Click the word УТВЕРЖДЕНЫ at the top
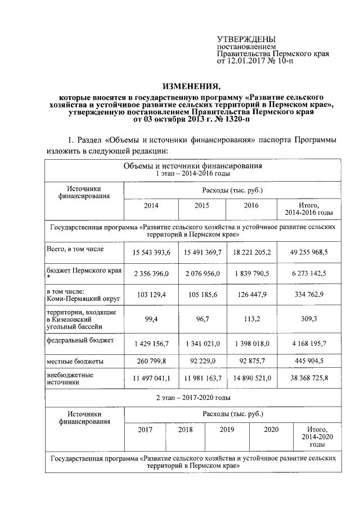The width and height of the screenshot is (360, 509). [x=245, y=39]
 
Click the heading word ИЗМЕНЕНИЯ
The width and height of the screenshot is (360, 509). [x=192, y=86]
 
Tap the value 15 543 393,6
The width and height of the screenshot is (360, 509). [x=151, y=253]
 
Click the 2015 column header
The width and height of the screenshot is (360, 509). [x=202, y=206]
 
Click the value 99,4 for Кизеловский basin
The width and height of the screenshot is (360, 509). [x=151, y=319]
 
